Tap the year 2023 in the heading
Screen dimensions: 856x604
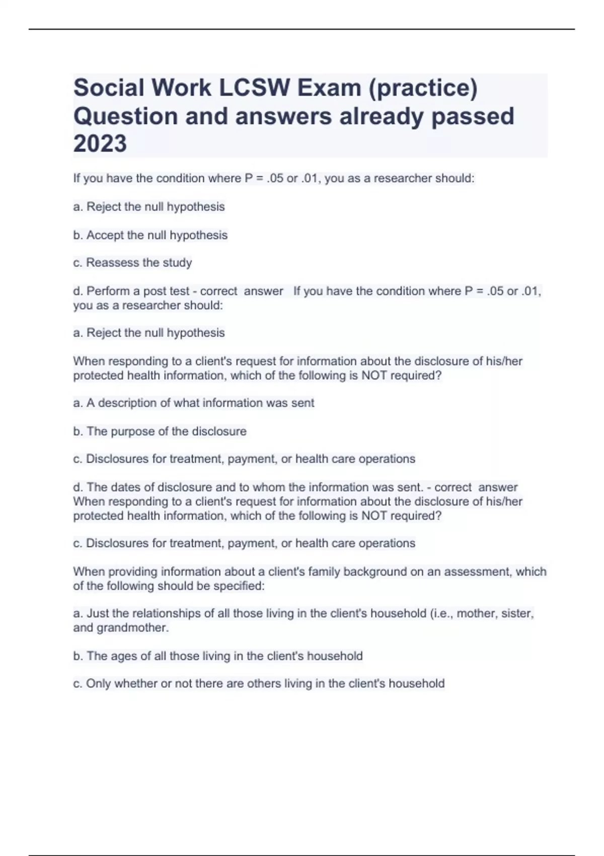100,144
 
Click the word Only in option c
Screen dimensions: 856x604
98,684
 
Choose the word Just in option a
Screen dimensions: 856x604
98,613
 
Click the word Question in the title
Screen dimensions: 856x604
125,117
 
